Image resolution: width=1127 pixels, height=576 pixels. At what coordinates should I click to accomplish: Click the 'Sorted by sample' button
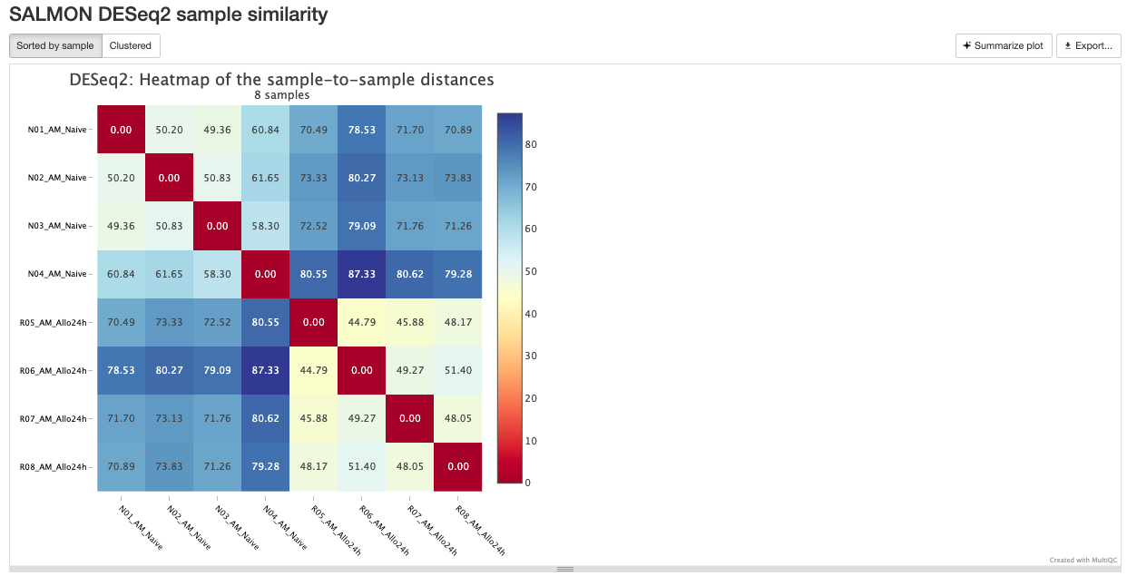55,45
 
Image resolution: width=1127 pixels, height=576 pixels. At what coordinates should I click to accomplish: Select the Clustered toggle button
131,45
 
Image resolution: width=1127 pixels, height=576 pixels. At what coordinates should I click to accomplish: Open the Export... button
1088,45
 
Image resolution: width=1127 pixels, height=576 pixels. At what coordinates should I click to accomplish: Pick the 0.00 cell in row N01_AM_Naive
122,130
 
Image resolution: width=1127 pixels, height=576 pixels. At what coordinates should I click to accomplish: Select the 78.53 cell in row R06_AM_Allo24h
122,370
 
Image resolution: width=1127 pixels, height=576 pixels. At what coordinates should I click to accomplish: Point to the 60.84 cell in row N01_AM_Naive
266,130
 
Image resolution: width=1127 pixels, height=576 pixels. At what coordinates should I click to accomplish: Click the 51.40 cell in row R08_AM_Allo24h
362,466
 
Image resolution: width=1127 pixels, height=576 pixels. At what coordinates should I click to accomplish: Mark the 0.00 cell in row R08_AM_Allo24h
458,466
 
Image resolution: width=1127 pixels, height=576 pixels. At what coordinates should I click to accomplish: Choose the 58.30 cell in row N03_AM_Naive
266,226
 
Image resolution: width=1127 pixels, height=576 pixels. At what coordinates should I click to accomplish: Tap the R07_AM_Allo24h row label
54,418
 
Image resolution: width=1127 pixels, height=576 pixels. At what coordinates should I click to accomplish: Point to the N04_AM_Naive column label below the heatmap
284,527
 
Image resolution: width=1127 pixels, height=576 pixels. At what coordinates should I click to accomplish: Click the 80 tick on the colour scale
530,143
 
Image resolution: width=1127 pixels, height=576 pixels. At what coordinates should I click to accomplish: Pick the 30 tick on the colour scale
530,356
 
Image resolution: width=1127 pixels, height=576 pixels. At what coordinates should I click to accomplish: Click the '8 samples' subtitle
282,95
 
